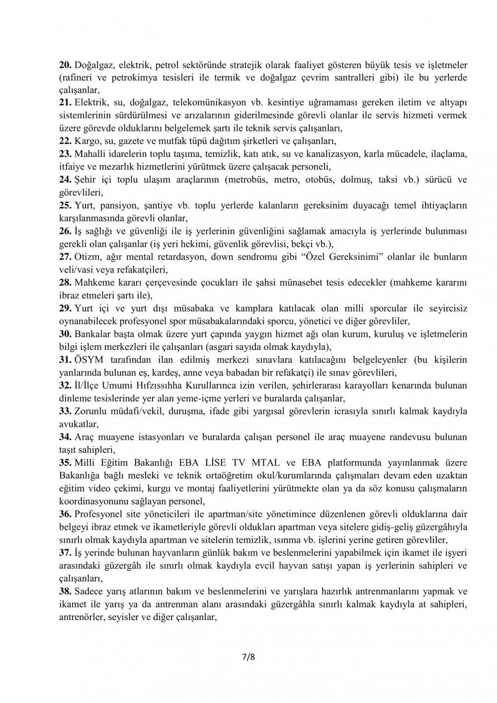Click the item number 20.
pyautogui.click(x=66, y=65)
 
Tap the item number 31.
pyautogui.click(x=66, y=360)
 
